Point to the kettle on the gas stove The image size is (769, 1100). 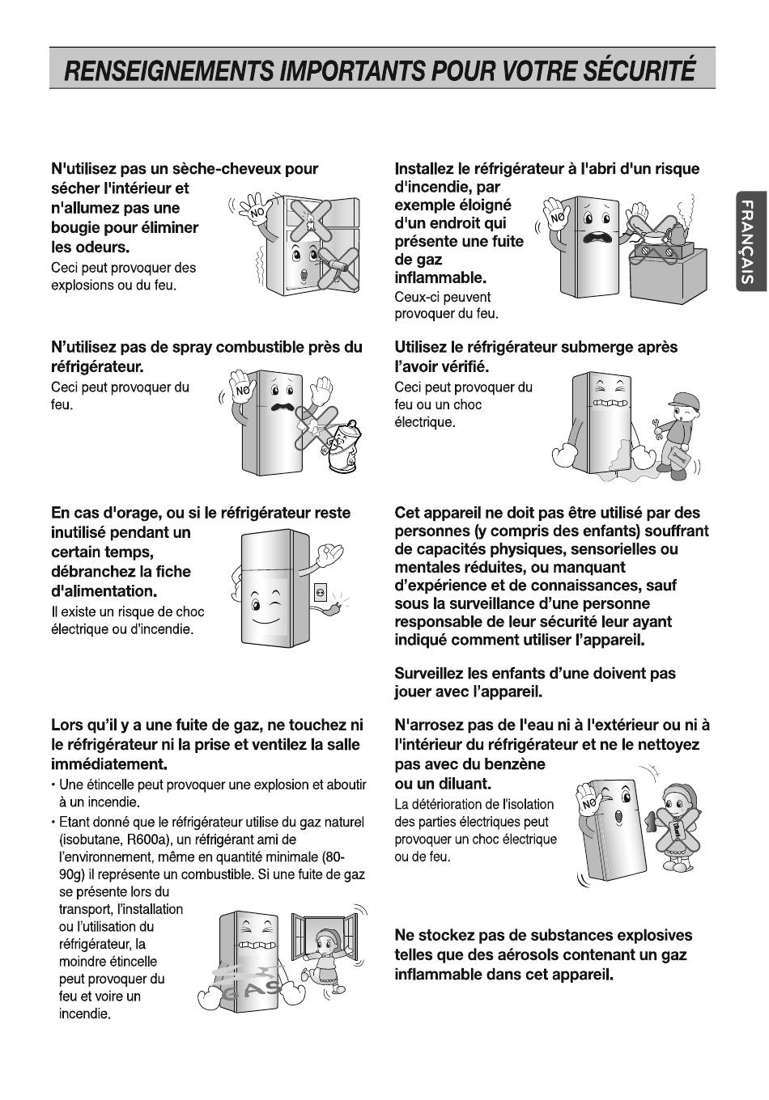coord(673,234)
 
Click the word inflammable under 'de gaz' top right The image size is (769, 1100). coord(440,278)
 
